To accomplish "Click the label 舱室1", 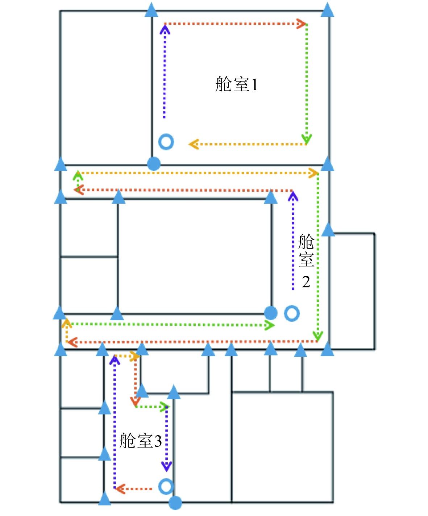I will [x=236, y=84].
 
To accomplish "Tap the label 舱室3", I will [x=140, y=441].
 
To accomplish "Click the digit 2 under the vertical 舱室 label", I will [x=306, y=282].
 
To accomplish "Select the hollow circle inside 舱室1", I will [x=166, y=142].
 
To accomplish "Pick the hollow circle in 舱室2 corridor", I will [x=292, y=313].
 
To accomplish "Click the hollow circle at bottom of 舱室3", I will [x=166, y=486].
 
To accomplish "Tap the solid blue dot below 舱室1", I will [x=154, y=164].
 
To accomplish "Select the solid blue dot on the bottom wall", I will [x=175, y=503].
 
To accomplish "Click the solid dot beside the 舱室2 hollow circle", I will [x=271, y=313].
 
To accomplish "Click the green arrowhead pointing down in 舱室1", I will [x=307, y=139].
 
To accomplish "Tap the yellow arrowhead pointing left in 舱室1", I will [x=193, y=144].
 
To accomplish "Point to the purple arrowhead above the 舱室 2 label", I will [x=293, y=196].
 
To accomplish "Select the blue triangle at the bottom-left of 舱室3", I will [x=105, y=499].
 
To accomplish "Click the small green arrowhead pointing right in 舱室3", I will [x=165, y=407].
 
